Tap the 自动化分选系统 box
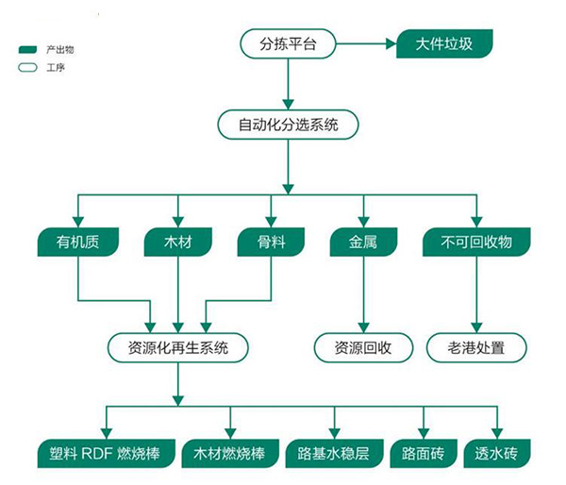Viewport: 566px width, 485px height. point(289,124)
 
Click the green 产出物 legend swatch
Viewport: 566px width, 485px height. point(27,49)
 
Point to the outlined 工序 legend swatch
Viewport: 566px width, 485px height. point(27,67)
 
